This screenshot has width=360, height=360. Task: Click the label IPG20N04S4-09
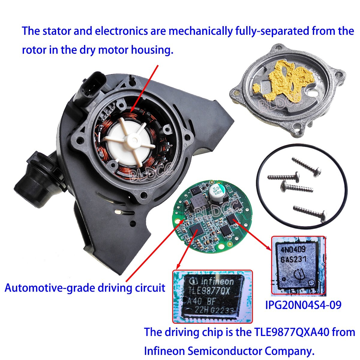click(303, 305)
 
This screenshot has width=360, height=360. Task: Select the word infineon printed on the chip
click(217, 281)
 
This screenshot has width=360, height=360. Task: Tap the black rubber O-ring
click(258, 192)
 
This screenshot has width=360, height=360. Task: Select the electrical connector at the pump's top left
click(90, 87)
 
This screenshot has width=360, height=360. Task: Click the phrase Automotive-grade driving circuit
click(85, 288)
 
